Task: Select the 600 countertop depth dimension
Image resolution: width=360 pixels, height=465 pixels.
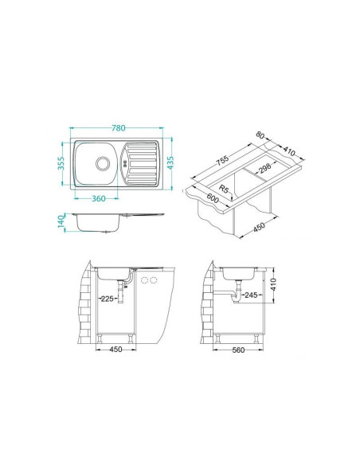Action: tap(212, 200)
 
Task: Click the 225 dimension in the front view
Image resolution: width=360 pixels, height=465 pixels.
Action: tap(106, 299)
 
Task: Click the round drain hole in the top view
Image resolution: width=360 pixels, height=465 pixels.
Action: tap(102, 163)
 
